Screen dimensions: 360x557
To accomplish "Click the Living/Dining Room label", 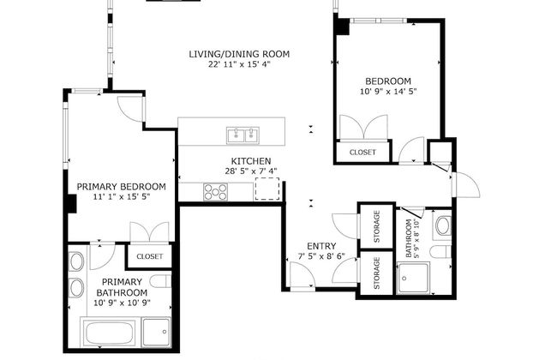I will pyautogui.click(x=239, y=54).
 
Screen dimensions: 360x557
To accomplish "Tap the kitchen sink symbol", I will pyautogui.click(x=243, y=135).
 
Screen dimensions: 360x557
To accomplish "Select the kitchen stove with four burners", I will pyautogui.click(x=214, y=193).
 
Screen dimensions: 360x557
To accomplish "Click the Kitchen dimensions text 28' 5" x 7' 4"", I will pyautogui.click(x=250, y=171).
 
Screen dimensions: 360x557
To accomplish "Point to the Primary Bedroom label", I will pyautogui.click(x=121, y=186).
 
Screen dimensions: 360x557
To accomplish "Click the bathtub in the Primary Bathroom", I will pyautogui.click(x=111, y=331).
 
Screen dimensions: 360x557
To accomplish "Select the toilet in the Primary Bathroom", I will pyautogui.click(x=161, y=283).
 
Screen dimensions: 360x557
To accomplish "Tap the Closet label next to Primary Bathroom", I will pyautogui.click(x=150, y=255).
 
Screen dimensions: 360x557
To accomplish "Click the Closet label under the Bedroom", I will pyautogui.click(x=362, y=153).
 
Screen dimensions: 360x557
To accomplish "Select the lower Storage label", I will pyautogui.click(x=377, y=273).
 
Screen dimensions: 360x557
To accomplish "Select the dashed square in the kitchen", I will pyautogui.click(x=267, y=190).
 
